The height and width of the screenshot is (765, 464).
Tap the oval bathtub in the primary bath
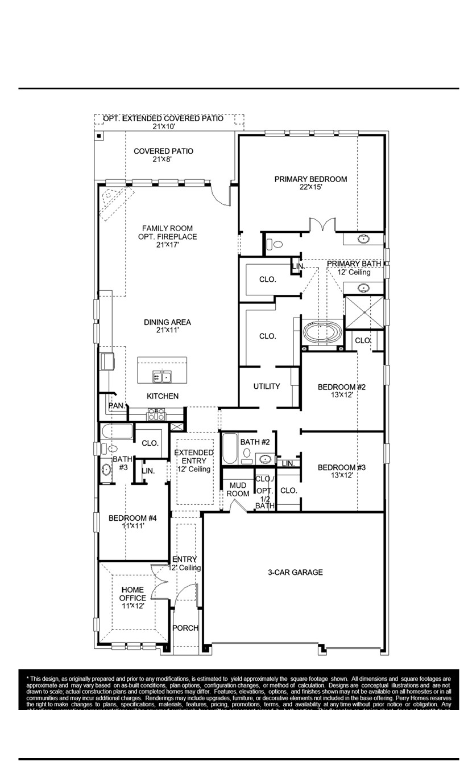click(321, 333)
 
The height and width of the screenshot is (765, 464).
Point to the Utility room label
click(267, 386)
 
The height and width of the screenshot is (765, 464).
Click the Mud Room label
click(238, 489)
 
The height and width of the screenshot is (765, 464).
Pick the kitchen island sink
click(162, 377)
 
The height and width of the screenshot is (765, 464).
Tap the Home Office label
click(132, 598)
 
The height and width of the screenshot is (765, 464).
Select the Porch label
click(185, 628)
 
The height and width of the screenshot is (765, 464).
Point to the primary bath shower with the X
click(364, 312)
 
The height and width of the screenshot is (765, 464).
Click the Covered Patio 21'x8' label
click(163, 155)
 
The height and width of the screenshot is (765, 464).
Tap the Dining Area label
click(167, 326)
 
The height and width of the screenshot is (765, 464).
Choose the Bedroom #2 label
click(341, 390)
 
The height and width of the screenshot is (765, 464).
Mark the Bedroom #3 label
click(341, 471)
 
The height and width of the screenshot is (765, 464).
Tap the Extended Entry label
click(194, 460)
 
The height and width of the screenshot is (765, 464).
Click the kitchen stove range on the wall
click(157, 414)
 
